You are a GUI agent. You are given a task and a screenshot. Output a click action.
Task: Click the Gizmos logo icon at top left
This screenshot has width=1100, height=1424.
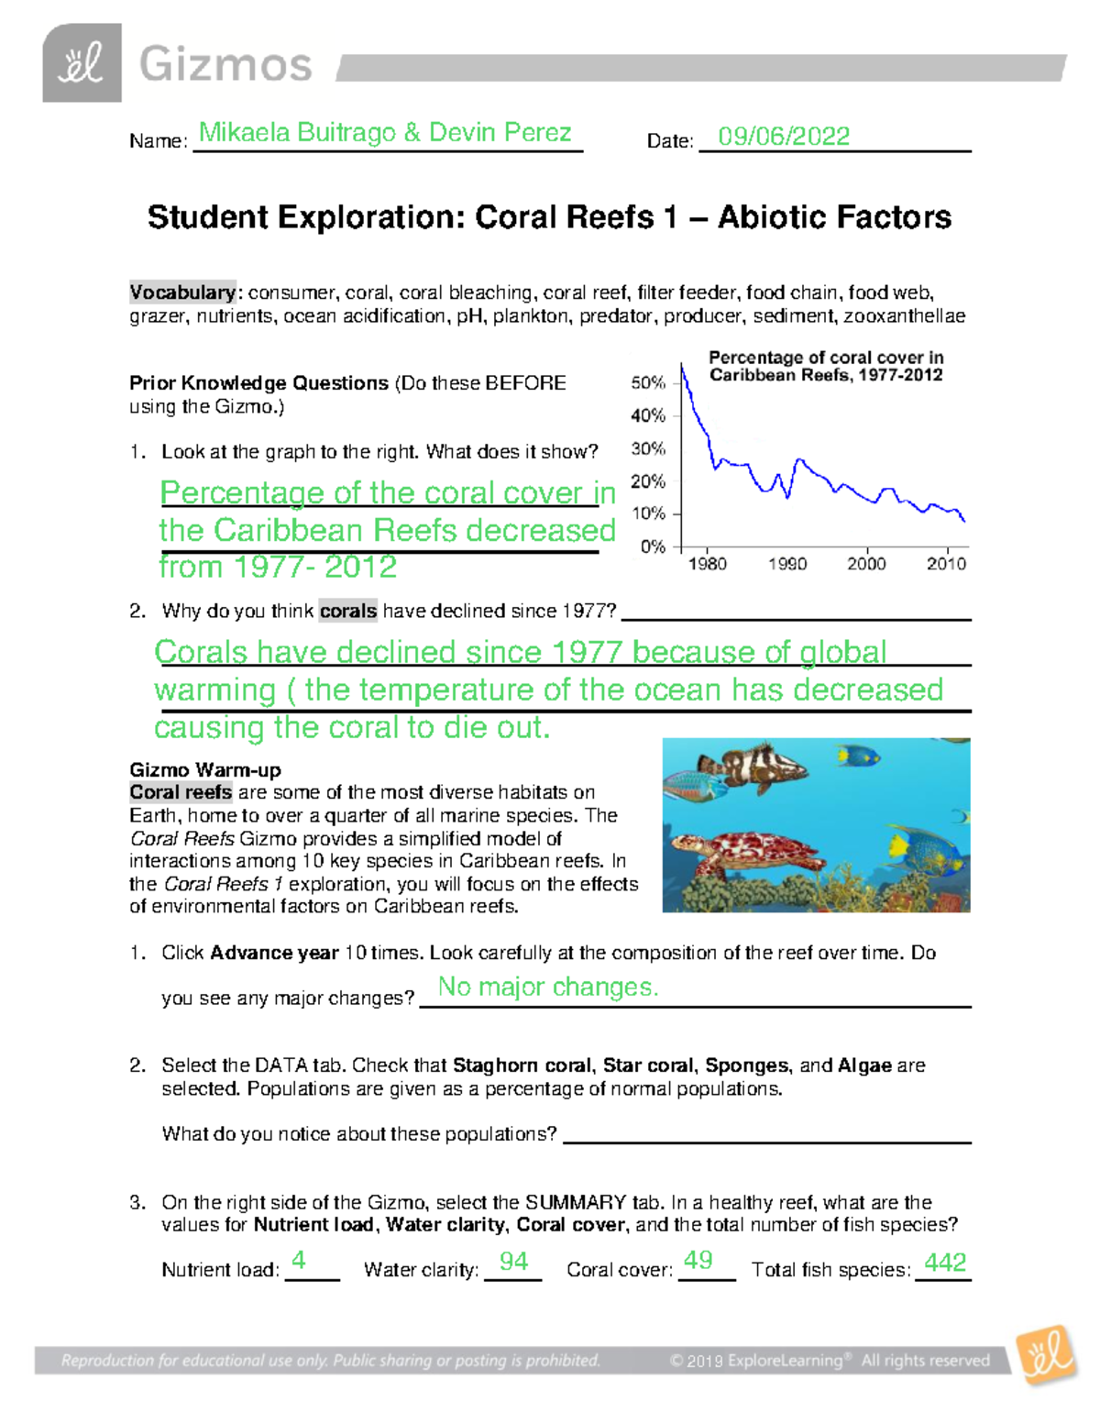(x=82, y=63)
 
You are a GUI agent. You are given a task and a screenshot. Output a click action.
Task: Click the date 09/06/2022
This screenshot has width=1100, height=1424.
(x=783, y=137)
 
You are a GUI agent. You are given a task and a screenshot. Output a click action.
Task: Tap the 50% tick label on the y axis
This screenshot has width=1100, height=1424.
(x=648, y=383)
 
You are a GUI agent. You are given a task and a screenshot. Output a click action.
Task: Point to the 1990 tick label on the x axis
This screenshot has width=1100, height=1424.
(x=786, y=564)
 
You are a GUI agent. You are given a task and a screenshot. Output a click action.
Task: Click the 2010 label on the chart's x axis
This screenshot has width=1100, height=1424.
(x=945, y=564)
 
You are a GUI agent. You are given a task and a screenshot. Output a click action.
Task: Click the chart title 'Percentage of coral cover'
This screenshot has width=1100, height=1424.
(x=825, y=358)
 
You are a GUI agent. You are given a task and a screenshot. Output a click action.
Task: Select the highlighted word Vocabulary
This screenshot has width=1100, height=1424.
(x=182, y=293)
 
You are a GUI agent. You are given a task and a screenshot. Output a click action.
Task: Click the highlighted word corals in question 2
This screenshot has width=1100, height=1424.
(x=347, y=611)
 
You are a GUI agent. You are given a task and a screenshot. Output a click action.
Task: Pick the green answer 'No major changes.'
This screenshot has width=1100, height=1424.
(x=547, y=987)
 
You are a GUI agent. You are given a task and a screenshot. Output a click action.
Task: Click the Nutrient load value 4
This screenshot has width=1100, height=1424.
(x=298, y=1261)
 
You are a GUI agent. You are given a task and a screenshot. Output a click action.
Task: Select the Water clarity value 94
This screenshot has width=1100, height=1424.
(x=513, y=1262)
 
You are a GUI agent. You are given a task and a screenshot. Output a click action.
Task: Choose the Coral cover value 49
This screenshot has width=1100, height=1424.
(x=698, y=1261)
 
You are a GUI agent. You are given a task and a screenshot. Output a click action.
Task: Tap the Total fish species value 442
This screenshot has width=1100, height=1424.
(x=944, y=1263)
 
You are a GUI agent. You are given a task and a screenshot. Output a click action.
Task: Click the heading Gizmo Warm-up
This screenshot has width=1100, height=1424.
(x=205, y=769)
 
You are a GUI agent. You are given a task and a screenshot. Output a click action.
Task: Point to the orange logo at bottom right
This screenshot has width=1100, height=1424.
(x=1047, y=1355)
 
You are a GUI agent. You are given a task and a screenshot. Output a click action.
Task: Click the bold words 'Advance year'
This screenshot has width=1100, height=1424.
(x=274, y=953)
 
